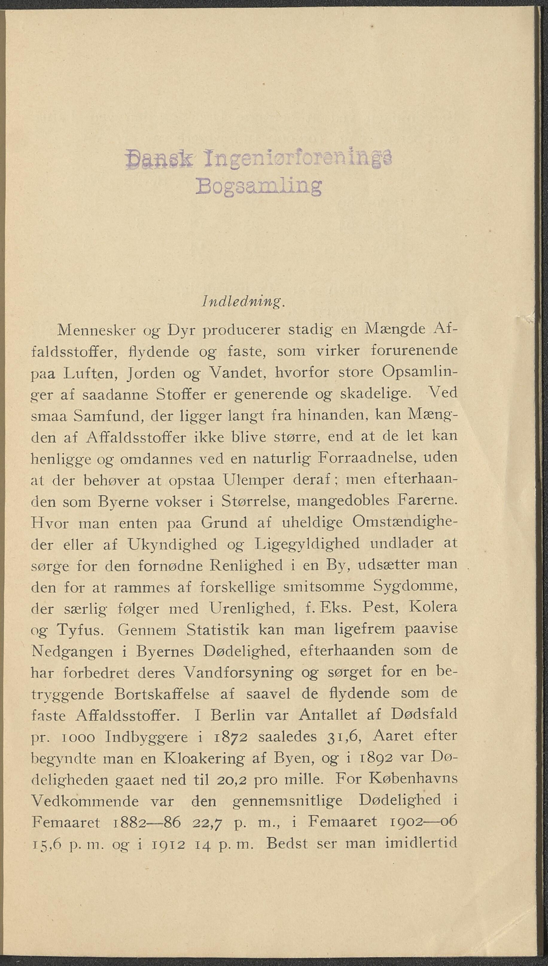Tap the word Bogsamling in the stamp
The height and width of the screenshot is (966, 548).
click(x=258, y=185)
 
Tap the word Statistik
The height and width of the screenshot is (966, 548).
click(x=217, y=629)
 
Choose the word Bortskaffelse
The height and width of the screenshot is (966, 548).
click(x=162, y=694)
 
